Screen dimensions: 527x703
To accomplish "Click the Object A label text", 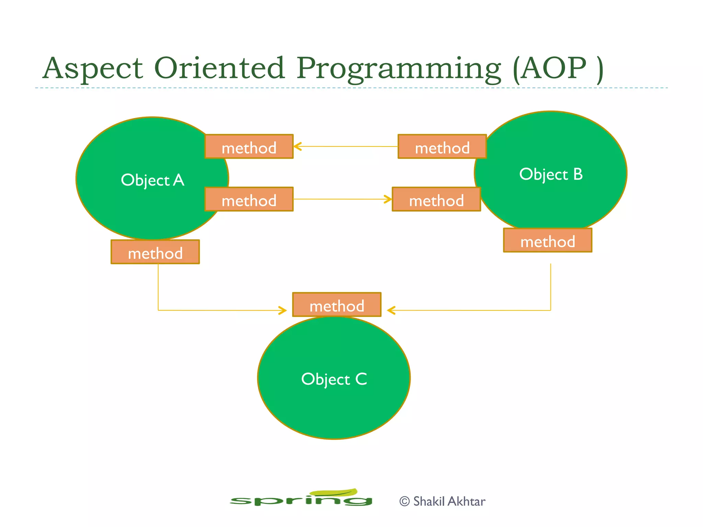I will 152,180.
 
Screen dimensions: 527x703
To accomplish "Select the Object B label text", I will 551,174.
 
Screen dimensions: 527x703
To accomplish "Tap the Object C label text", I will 334,379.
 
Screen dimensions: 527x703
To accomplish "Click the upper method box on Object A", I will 249,147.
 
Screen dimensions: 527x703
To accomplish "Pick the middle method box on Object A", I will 249,199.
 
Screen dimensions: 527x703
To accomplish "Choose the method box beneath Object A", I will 155,252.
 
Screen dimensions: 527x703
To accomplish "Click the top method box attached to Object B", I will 442,147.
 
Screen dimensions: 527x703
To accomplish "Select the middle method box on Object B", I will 436,199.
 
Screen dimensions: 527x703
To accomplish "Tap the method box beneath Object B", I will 548,241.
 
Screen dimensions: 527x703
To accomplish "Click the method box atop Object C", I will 337,305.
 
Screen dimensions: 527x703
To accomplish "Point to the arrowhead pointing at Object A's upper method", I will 297,147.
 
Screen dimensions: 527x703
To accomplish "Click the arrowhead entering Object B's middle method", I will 388,199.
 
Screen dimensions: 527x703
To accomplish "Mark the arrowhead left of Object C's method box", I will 283,311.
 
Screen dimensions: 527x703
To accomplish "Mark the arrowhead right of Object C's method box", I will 391,311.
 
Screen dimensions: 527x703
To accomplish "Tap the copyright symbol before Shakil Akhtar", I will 404,501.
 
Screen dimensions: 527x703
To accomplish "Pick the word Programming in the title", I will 398,68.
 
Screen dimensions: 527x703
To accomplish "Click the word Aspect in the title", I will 93,68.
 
